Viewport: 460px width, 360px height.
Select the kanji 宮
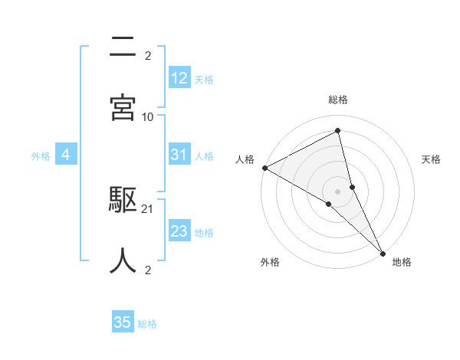click(123, 106)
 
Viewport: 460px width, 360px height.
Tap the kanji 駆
click(123, 201)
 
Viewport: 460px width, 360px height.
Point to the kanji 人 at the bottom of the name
click(123, 260)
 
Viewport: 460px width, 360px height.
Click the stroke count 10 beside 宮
click(148, 116)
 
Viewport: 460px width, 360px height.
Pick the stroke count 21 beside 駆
click(148, 208)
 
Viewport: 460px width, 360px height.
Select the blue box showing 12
click(179, 78)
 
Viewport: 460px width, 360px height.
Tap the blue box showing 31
click(179, 155)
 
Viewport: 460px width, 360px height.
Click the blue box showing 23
click(179, 231)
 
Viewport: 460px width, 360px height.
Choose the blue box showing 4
click(66, 155)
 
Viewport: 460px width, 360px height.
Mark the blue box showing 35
click(123, 322)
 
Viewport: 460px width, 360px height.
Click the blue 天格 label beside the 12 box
click(204, 79)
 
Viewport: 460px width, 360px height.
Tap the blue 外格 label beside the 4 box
click(41, 155)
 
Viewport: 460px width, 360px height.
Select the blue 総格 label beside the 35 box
click(147, 323)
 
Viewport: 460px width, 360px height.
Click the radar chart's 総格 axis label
click(338, 100)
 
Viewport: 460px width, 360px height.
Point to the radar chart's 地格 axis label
click(402, 262)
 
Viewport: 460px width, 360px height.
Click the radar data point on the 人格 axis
click(264, 168)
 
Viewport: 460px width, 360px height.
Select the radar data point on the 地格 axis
click(383, 253)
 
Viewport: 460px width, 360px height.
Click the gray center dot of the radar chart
click(338, 191)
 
